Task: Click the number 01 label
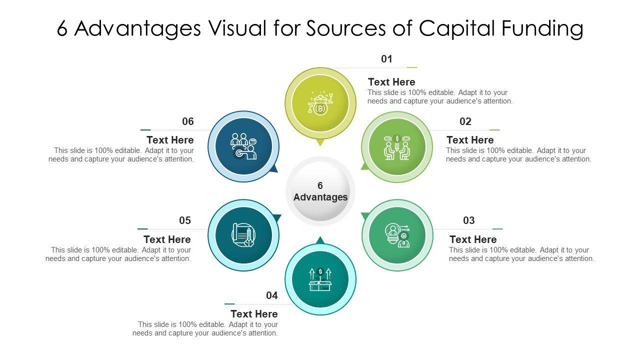(x=386, y=59)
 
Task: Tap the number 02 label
(x=465, y=121)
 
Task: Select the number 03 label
(x=468, y=220)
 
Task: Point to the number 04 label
(x=271, y=295)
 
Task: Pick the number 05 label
(x=185, y=220)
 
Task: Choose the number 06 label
(x=187, y=121)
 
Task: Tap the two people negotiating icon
(x=397, y=147)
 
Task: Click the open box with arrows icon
(x=320, y=279)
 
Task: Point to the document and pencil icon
(x=243, y=235)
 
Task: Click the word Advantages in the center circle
(x=320, y=197)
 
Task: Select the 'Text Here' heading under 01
(x=391, y=82)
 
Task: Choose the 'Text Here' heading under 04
(x=254, y=314)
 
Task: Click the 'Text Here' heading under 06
(x=170, y=140)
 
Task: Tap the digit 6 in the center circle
(x=320, y=185)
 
